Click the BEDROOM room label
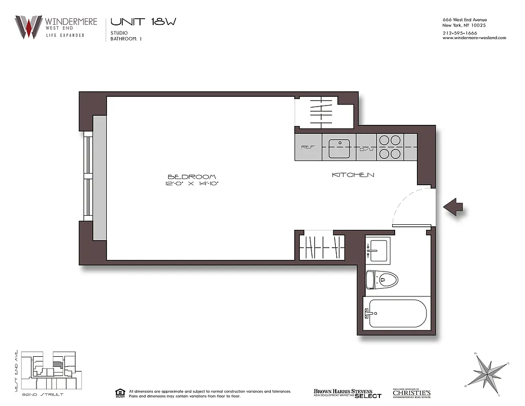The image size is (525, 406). click(192, 177)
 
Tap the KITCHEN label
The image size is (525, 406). click(353, 175)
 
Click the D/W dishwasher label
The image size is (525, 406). click(366, 150)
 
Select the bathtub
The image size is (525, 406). click(397, 313)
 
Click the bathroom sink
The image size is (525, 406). click(378, 249)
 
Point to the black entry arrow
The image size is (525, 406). click(452, 207)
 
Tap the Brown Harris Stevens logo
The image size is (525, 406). click(347, 393)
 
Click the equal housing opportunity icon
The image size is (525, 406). click(120, 393)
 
